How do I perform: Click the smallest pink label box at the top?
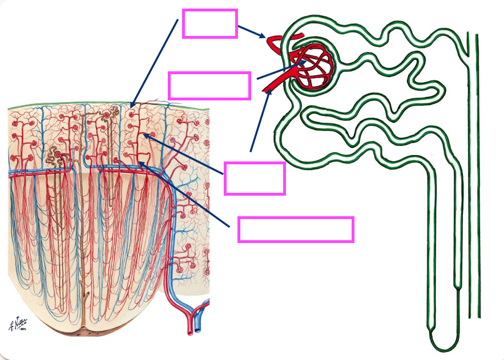click(x=209, y=23)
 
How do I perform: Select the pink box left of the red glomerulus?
click(x=209, y=86)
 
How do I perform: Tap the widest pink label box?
click(x=296, y=229)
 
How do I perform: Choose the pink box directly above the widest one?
click(x=255, y=178)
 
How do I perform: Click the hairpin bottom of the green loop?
click(x=443, y=345)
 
